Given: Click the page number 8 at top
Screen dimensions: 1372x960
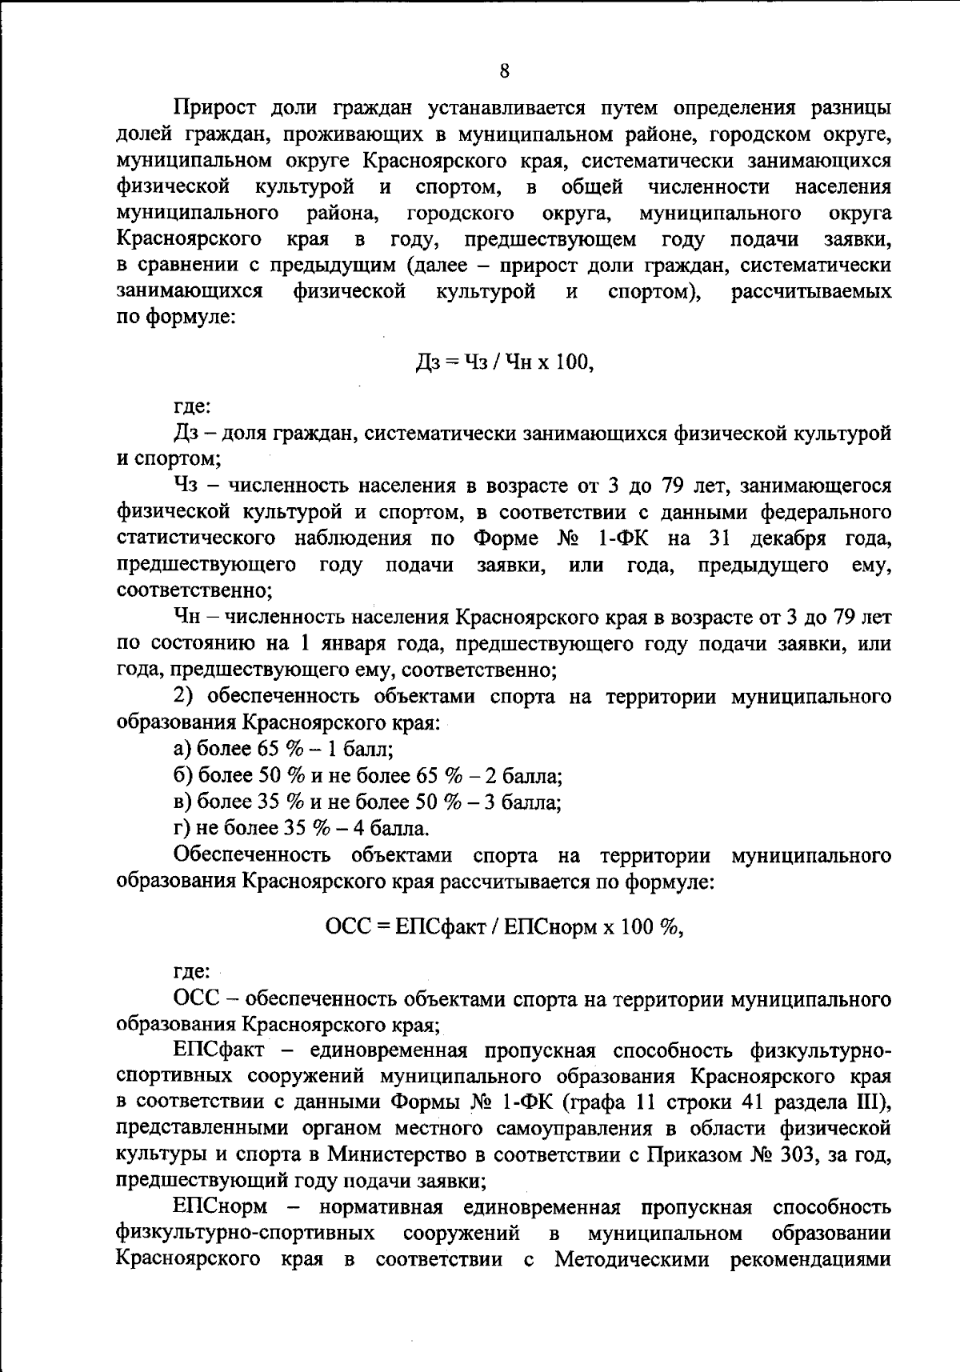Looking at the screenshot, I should pyautogui.click(x=504, y=71).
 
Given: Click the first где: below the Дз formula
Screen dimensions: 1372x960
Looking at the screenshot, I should pyautogui.click(x=192, y=407).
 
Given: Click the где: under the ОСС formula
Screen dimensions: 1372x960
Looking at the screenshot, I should pyautogui.click(x=192, y=972).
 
